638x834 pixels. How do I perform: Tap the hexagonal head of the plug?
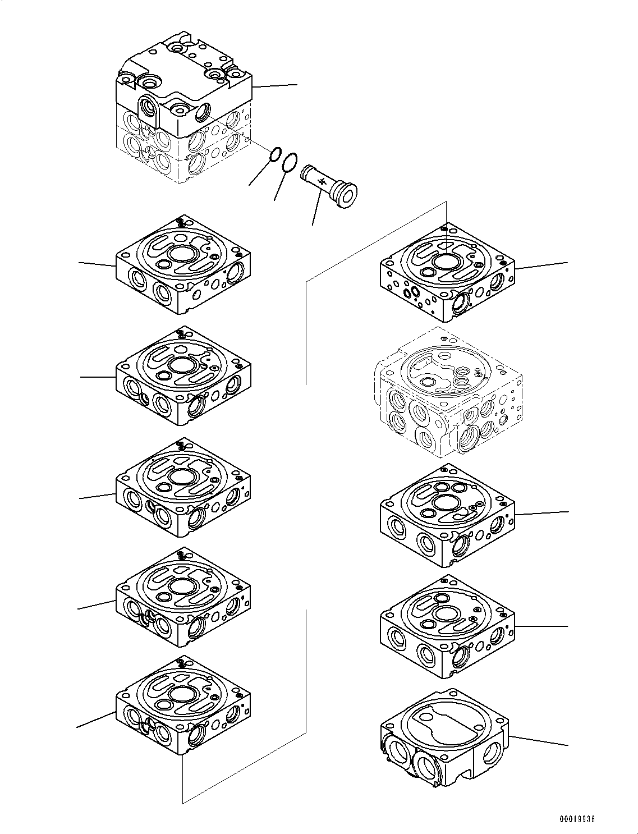[347, 195]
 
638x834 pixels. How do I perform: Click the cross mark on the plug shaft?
[323, 182]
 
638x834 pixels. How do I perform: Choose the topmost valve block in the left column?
[183, 264]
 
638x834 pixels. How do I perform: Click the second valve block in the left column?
[183, 375]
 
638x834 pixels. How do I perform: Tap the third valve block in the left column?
[183, 487]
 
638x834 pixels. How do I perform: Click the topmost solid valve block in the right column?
[447, 272]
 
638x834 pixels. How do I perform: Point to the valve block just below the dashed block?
[447, 515]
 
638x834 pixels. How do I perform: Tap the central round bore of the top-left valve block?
[183, 254]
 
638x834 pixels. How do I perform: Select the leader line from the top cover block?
[275, 86]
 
